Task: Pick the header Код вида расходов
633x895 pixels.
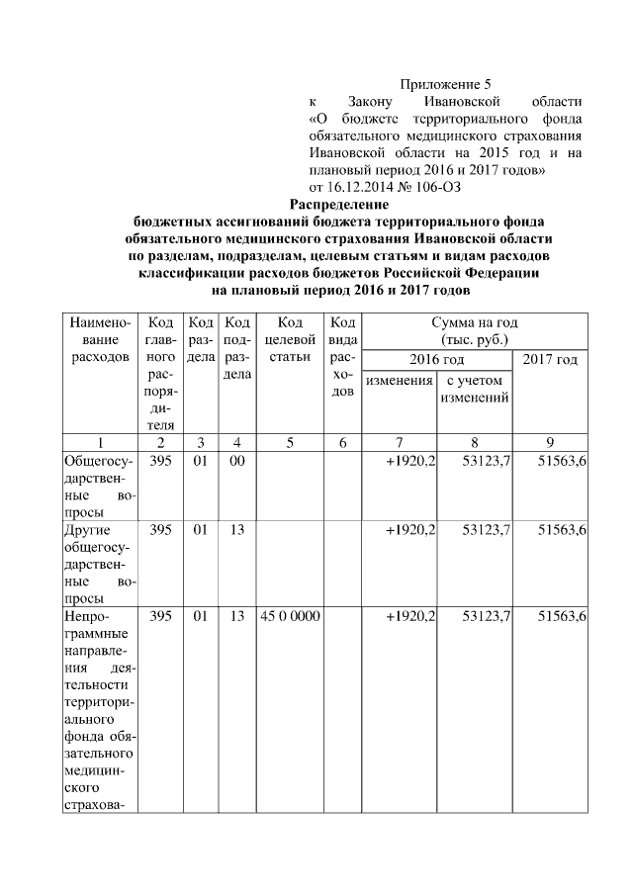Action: (x=342, y=357)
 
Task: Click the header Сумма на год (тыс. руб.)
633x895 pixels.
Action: (x=475, y=331)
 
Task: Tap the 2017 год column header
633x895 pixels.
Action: (x=550, y=358)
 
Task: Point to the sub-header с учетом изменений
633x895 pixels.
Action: (x=475, y=389)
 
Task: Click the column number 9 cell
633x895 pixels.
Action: (x=550, y=442)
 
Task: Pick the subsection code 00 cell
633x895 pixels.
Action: (x=236, y=461)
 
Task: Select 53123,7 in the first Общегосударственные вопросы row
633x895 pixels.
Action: (x=486, y=461)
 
